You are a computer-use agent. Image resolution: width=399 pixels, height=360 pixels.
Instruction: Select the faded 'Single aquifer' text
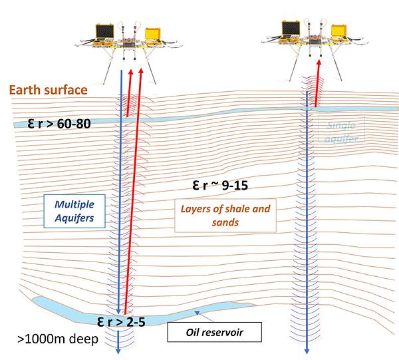tap(343, 132)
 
